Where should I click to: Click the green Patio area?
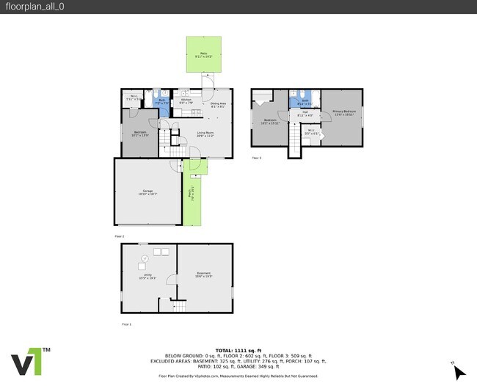(203, 56)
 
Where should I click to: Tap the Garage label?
(148, 193)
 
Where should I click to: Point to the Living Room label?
(205, 134)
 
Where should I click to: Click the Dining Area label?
(218, 105)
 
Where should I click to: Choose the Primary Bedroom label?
(343, 113)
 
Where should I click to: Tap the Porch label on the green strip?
(193, 196)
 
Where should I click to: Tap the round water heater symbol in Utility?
(145, 259)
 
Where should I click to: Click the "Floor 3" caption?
(256, 158)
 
